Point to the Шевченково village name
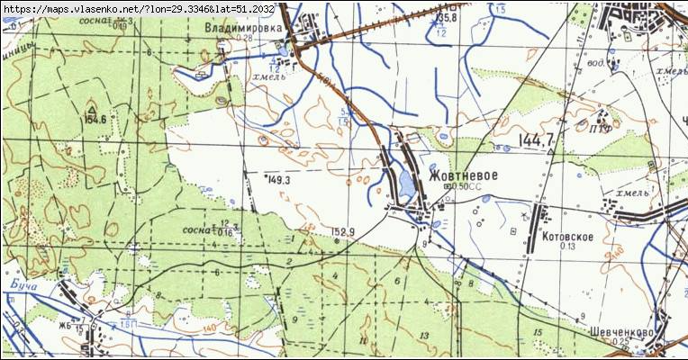[622, 332]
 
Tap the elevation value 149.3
[279, 180]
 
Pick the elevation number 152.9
[343, 231]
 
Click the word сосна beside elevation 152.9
[195, 230]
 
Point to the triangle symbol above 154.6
[93, 107]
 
